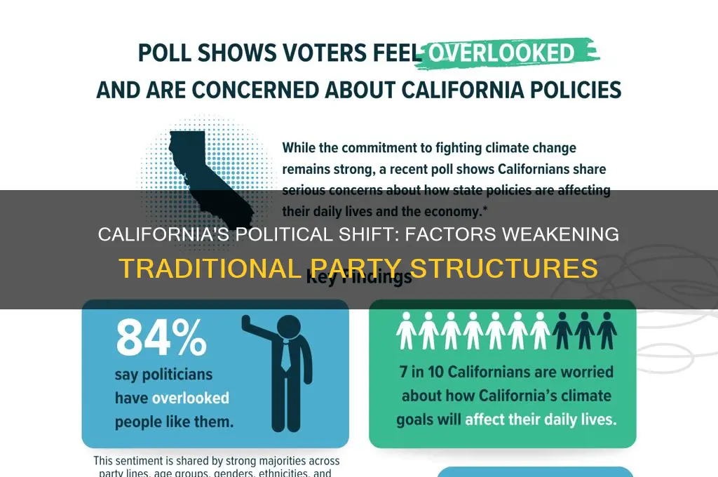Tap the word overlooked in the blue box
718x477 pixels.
tap(191, 398)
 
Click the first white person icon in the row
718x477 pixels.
tap(406, 330)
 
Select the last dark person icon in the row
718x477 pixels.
tap(607, 330)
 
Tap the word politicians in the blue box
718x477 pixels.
tap(163, 375)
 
